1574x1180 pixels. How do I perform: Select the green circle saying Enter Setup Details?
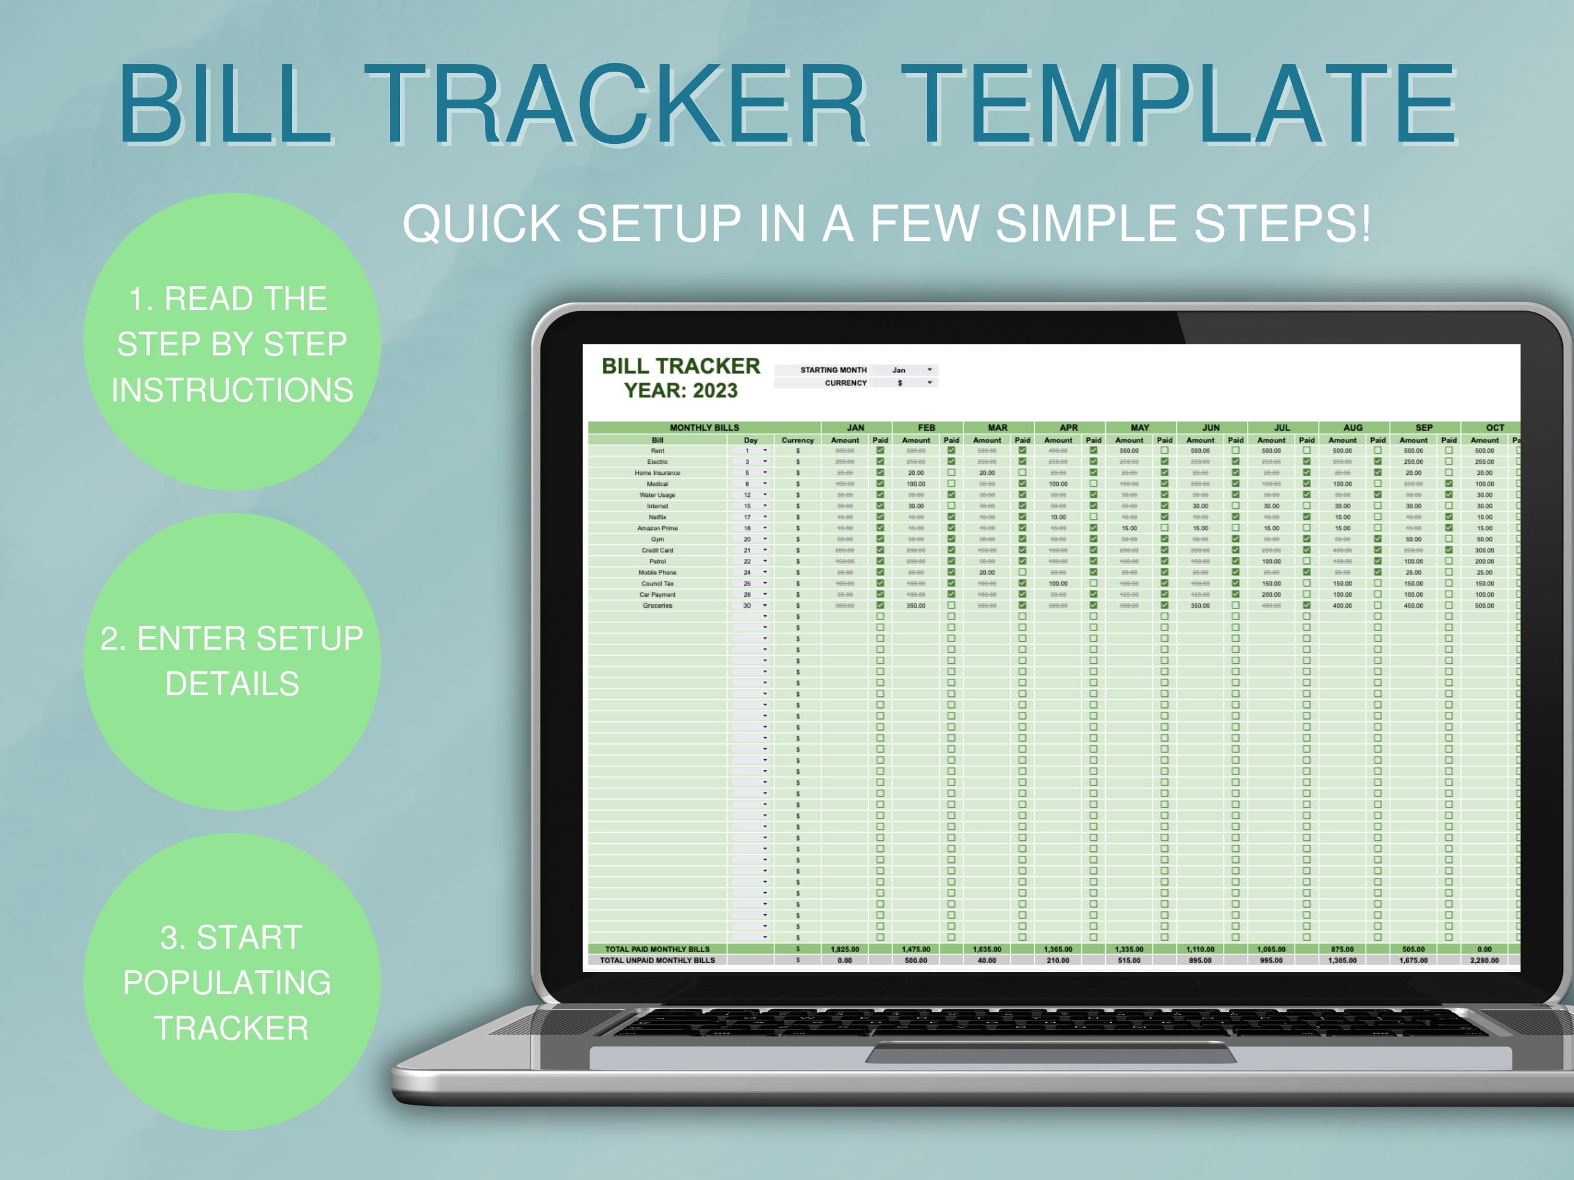[232, 661]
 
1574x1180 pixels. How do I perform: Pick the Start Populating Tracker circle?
[232, 981]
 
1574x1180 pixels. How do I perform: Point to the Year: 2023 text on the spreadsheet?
[681, 390]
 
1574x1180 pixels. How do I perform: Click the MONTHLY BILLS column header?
[704, 428]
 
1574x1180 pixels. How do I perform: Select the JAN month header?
[855, 428]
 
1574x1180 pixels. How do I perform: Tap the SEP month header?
[1424, 428]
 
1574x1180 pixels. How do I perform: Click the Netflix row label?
[657, 517]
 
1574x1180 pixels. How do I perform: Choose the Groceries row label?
[657, 605]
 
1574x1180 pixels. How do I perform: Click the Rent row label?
[657, 450]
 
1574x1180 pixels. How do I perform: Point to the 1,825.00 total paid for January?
[845, 949]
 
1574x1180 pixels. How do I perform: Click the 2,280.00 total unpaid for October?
[1484, 960]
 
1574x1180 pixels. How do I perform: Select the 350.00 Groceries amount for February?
[916, 605]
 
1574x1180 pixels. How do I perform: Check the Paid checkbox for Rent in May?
[1164, 450]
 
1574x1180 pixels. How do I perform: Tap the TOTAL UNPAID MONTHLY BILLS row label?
[657, 960]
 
